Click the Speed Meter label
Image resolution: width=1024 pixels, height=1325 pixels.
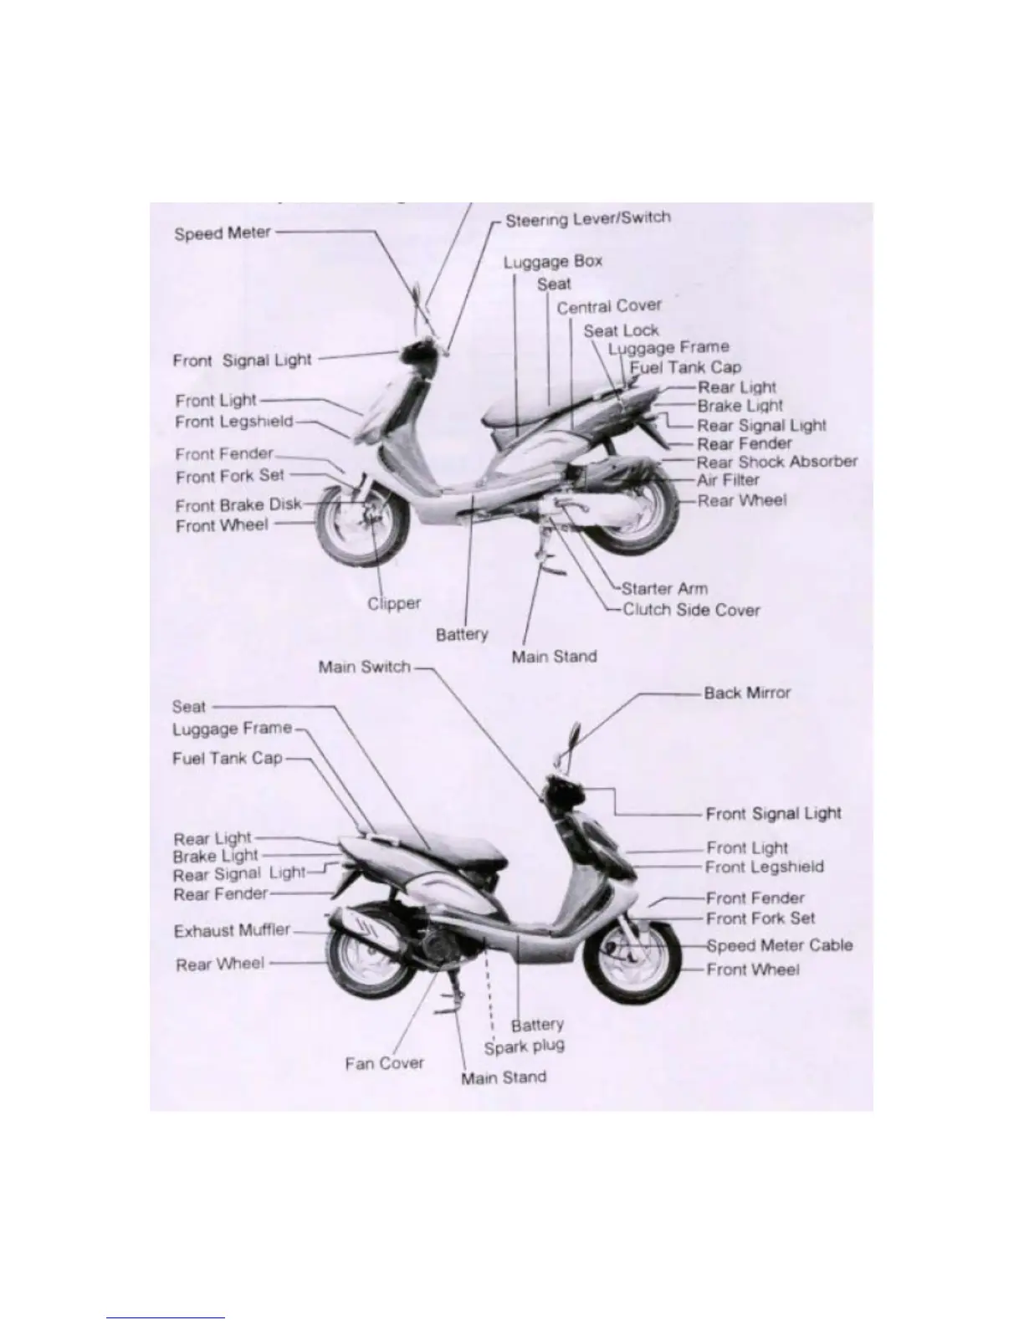[222, 233]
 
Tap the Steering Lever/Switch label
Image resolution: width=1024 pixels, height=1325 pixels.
[587, 219]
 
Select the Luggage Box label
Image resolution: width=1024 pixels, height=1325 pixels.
[552, 262]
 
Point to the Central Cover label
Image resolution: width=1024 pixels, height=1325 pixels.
[608, 307]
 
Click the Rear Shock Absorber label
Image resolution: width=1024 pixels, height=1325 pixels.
[776, 462]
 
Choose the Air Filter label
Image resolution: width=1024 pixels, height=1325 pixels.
[728, 480]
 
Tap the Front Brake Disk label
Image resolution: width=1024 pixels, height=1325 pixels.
[238, 505]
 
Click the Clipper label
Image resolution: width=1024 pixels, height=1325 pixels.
[394, 603]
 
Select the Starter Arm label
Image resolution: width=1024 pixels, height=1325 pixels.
[664, 589]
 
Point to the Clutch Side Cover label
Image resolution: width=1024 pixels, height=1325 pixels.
[690, 610]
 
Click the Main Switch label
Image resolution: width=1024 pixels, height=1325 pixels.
[364, 668]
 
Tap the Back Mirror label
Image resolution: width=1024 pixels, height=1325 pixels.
[746, 693]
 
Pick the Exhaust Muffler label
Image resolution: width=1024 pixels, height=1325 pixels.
[232, 931]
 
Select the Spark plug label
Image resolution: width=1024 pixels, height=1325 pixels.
[524, 1046]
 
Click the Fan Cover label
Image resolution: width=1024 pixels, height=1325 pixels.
[384, 1063]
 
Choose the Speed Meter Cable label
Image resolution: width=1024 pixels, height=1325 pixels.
[779, 946]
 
